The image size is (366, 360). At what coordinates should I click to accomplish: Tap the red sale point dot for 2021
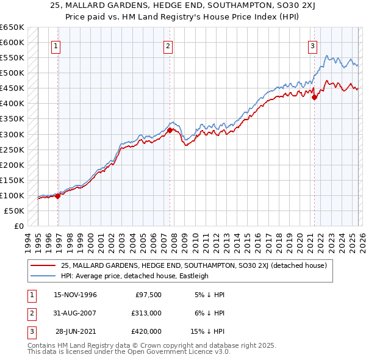(315, 96)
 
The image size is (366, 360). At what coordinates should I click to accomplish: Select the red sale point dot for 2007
(170, 129)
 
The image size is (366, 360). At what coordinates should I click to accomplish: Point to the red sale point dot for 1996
(58, 196)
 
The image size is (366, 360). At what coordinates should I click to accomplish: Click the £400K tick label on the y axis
(12, 103)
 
